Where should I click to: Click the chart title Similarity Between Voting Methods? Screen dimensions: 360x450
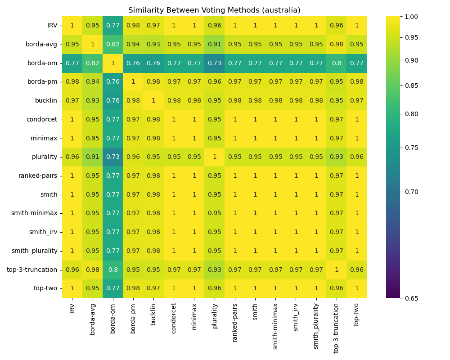[x=214, y=10]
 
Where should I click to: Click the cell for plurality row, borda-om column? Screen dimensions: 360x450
[x=112, y=157]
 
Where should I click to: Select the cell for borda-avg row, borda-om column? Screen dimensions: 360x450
[x=112, y=44]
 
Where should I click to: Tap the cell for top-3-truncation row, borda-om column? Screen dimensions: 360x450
[x=112, y=270]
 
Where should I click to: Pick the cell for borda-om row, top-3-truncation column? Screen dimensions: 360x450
[x=336, y=63]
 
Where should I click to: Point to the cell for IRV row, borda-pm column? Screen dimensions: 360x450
[x=133, y=26]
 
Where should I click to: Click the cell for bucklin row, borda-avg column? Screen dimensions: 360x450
[x=92, y=100]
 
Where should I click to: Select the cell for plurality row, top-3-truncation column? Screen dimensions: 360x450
[x=336, y=157]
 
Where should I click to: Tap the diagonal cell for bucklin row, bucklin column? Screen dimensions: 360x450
[x=153, y=100]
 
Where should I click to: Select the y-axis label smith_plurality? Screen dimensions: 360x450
[x=35, y=251]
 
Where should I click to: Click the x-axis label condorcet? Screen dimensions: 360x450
[x=174, y=315]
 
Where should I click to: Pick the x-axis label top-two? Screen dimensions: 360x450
[x=357, y=313]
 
